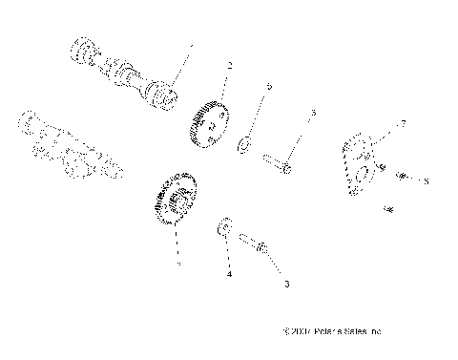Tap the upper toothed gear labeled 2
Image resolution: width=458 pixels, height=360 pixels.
210,123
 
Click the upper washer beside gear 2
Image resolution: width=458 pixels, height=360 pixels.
244,145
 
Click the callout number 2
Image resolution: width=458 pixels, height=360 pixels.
230,66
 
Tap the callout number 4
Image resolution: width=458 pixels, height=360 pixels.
229,274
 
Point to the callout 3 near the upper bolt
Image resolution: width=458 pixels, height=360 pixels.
312,113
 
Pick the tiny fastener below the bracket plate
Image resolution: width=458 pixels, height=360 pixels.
389,207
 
